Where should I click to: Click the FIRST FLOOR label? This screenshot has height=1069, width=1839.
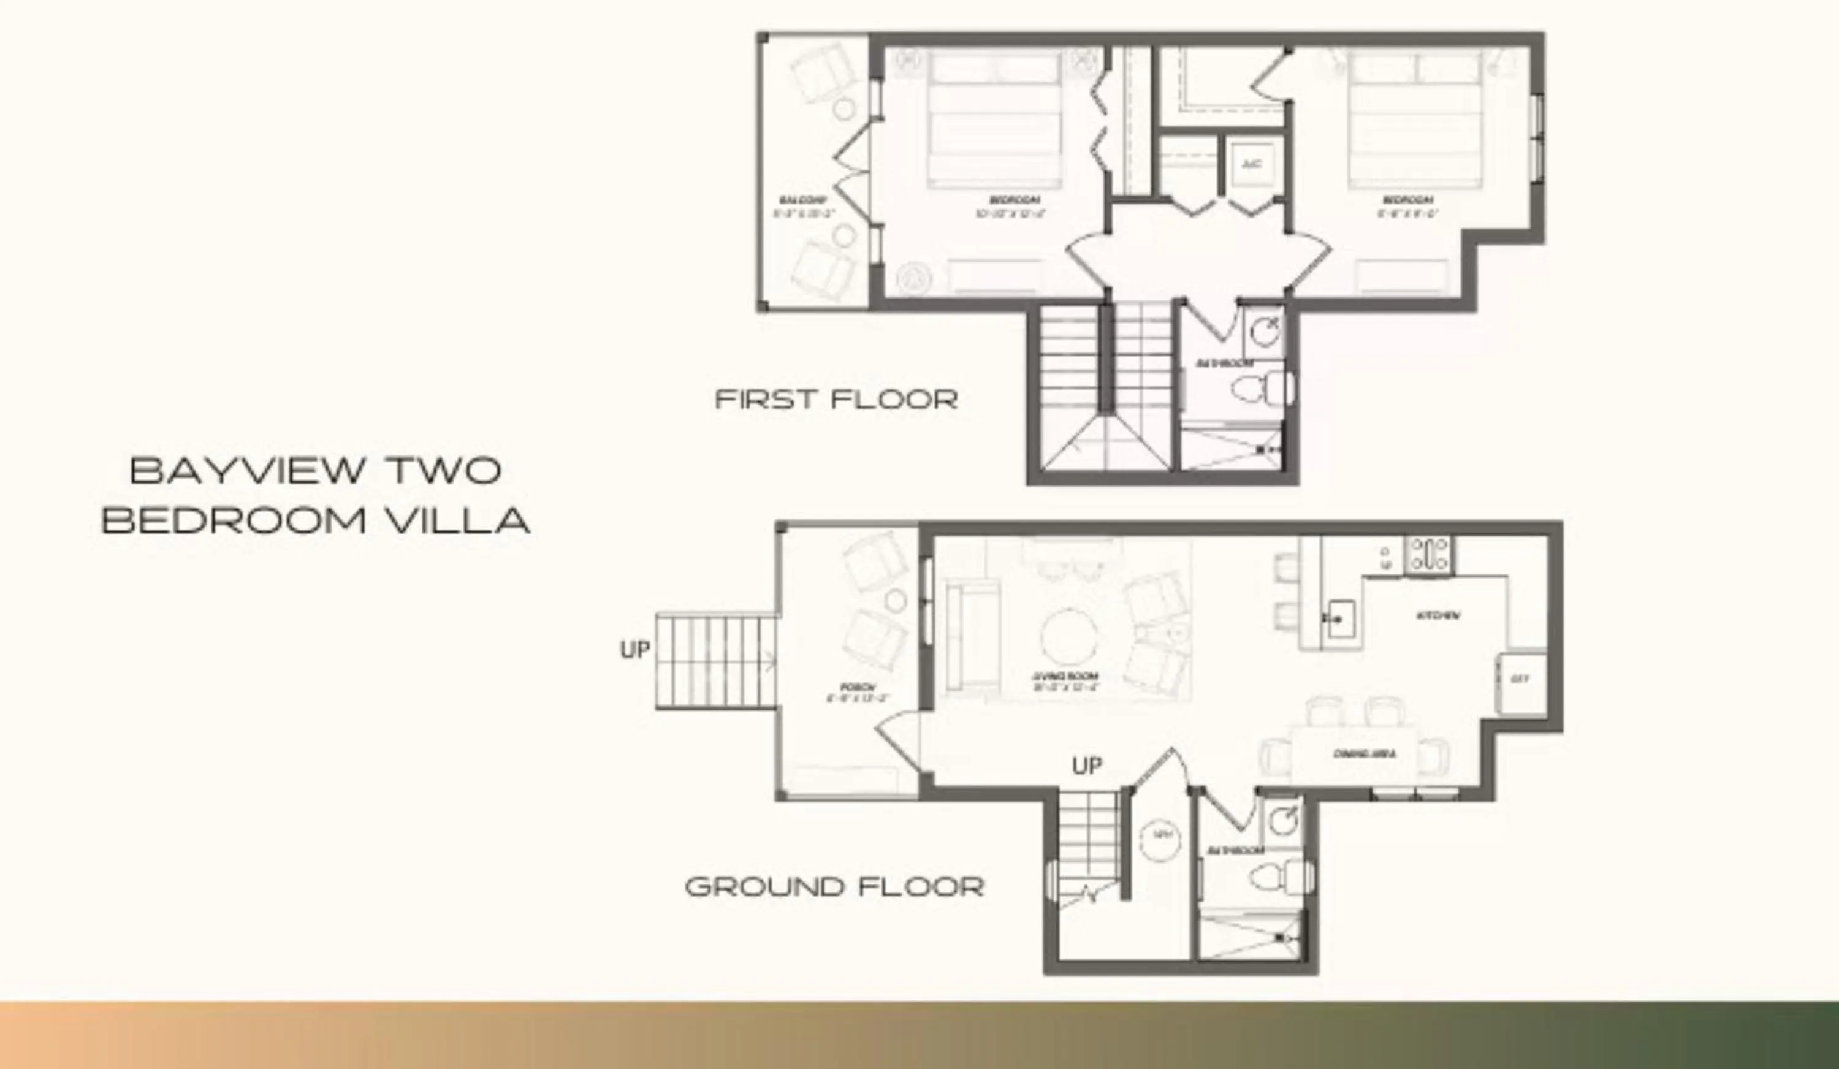pyautogui.click(x=836, y=399)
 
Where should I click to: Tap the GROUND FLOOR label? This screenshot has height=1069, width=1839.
pyautogui.click(x=835, y=886)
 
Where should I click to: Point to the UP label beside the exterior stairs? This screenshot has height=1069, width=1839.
pyautogui.click(x=634, y=649)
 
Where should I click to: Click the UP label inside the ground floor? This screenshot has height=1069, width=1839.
pyautogui.click(x=1087, y=766)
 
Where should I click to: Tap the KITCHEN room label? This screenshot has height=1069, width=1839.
pyautogui.click(x=1438, y=616)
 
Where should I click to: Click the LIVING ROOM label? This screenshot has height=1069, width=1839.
pyautogui.click(x=1065, y=677)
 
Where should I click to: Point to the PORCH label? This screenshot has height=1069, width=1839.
pyautogui.click(x=858, y=687)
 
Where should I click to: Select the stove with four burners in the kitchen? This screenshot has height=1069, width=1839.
pyautogui.click(x=1429, y=553)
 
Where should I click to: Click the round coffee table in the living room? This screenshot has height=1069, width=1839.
pyautogui.click(x=1069, y=636)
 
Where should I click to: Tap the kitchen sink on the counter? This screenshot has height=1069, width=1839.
pyautogui.click(x=1340, y=618)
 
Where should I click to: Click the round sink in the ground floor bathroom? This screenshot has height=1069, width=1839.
pyautogui.click(x=1282, y=821)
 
